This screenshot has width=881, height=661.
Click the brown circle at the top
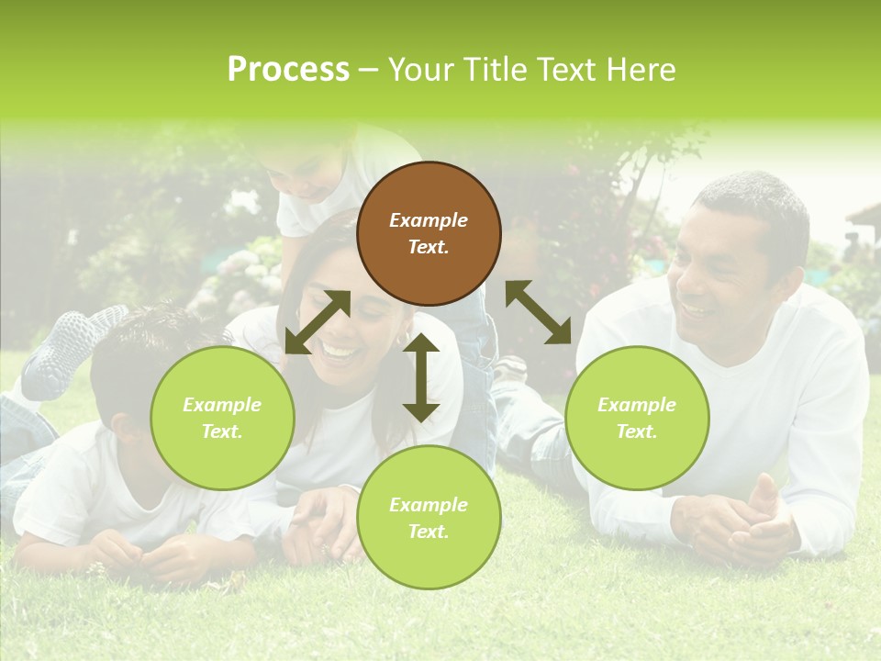click(x=429, y=233)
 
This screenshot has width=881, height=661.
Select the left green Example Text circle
click(x=222, y=418)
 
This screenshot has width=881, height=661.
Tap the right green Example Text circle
click(x=637, y=418)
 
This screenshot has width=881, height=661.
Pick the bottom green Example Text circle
click(x=429, y=518)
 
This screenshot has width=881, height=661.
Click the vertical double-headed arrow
click(x=421, y=377)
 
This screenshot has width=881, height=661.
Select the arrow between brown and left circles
click(x=318, y=322)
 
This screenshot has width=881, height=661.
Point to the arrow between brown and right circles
click(x=539, y=312)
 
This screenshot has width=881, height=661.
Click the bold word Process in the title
click(x=288, y=70)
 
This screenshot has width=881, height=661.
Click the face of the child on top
click(x=307, y=174)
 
